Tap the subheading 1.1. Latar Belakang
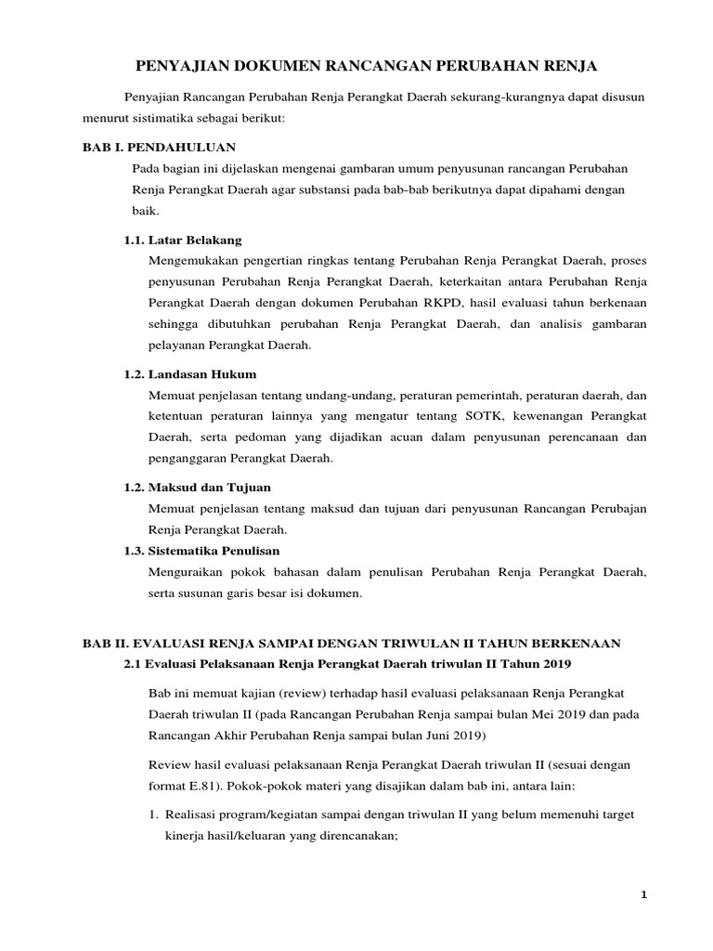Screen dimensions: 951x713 coord(183,240)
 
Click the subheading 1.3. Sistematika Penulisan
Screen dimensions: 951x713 coord(201,551)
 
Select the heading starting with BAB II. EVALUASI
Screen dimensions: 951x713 coord(358,643)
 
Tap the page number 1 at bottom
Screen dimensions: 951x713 coord(642,894)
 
